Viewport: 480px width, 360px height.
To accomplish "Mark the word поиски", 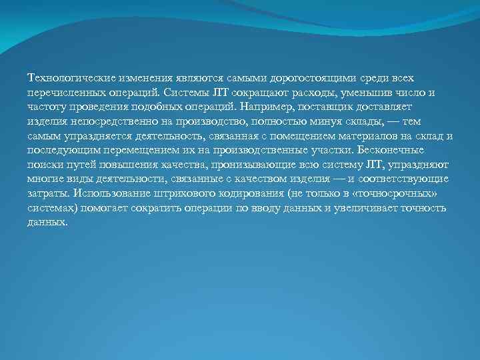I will tap(44, 165).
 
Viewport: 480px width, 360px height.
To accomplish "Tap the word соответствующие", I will tap(404, 179).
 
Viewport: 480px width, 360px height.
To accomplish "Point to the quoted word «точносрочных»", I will tap(406, 194).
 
